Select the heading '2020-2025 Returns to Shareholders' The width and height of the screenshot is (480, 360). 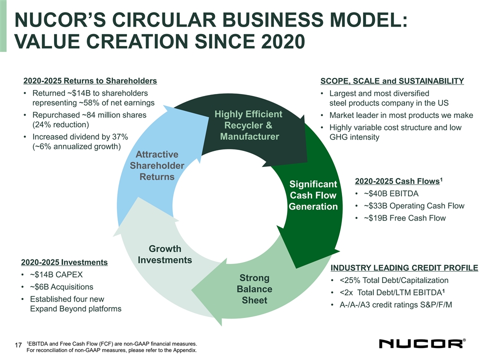[x=90, y=81]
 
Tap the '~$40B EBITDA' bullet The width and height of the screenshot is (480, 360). [x=391, y=194]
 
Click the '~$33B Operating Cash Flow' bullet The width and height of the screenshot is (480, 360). [x=414, y=206]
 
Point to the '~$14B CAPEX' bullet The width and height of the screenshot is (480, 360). [x=56, y=274]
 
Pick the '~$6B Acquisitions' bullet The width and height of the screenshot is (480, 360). [x=61, y=287]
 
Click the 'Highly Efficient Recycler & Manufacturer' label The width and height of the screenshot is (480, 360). [x=248, y=125]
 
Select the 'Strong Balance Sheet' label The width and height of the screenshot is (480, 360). [x=254, y=289]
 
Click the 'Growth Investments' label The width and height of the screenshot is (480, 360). [x=165, y=254]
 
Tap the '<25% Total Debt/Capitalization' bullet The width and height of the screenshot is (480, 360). [x=394, y=280]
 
